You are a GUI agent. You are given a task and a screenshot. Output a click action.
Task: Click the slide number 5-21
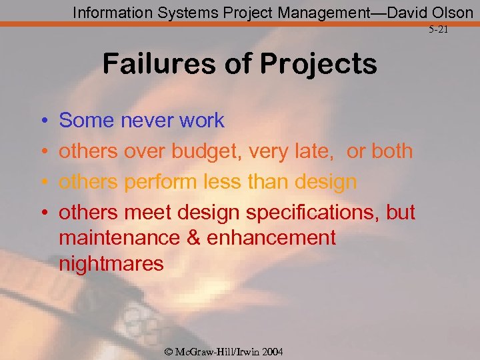click(438, 30)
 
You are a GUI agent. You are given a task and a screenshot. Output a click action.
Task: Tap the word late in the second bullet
click(313, 151)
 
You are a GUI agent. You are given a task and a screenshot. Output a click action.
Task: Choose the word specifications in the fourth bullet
click(313, 213)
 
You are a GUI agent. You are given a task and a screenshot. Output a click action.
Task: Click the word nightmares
click(111, 264)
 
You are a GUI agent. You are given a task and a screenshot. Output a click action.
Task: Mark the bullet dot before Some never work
click(43, 121)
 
